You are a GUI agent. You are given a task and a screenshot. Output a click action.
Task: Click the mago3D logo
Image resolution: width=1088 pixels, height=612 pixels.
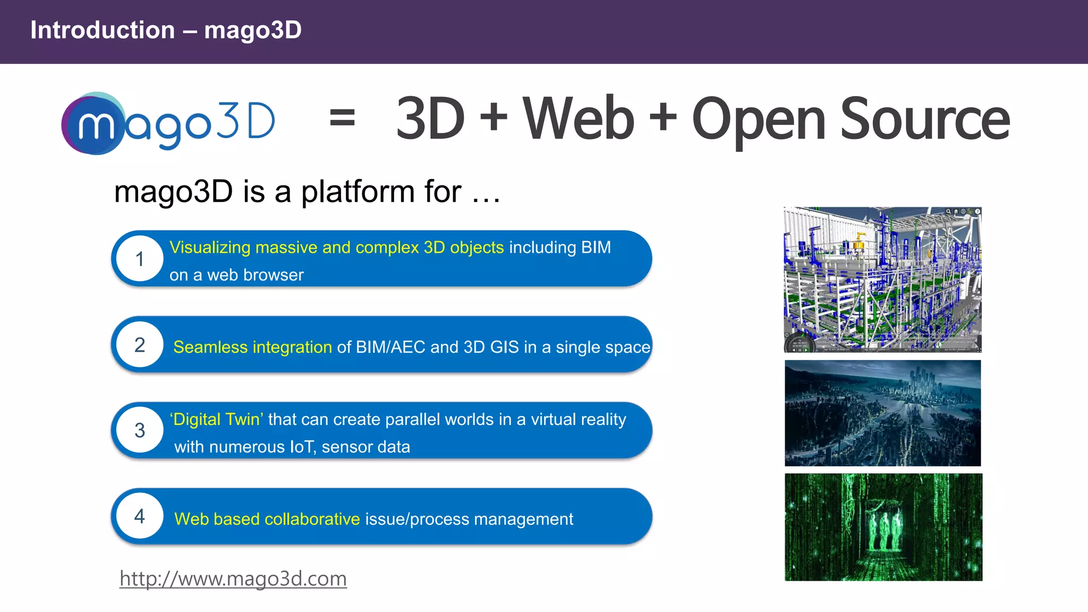coord(168,123)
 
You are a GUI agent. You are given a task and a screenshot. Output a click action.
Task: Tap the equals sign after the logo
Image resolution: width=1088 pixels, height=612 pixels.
coord(342,118)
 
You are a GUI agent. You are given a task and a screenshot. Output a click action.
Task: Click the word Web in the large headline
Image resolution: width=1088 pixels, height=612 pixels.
coord(579,119)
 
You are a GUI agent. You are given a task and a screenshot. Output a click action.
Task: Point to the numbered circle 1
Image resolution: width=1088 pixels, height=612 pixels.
coord(140,259)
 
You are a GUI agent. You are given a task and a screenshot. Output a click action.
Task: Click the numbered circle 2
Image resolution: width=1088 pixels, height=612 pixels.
coord(140,345)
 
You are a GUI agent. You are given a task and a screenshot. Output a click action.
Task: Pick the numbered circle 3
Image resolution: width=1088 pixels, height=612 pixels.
coord(140,430)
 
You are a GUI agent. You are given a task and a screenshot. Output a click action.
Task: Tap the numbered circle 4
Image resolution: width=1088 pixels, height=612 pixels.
coord(140,516)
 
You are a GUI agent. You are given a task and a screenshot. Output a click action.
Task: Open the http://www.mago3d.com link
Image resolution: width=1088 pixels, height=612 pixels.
coord(233,579)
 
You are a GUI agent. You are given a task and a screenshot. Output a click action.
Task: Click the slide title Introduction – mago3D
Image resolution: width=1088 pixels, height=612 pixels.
coord(166,30)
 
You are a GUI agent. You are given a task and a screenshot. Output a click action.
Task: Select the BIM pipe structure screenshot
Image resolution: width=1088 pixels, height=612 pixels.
coord(882,279)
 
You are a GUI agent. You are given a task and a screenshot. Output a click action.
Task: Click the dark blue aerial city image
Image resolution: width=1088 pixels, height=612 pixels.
coord(882,413)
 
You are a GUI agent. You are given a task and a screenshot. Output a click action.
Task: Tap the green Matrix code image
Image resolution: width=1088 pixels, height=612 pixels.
coord(883,527)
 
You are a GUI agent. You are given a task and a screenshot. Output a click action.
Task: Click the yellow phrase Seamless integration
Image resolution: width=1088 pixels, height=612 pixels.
coord(252,347)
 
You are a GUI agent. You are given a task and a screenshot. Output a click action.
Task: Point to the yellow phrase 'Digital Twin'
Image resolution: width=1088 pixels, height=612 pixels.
coord(216,420)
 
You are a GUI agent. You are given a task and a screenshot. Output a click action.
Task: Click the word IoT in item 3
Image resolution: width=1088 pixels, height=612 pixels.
coord(303,447)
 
